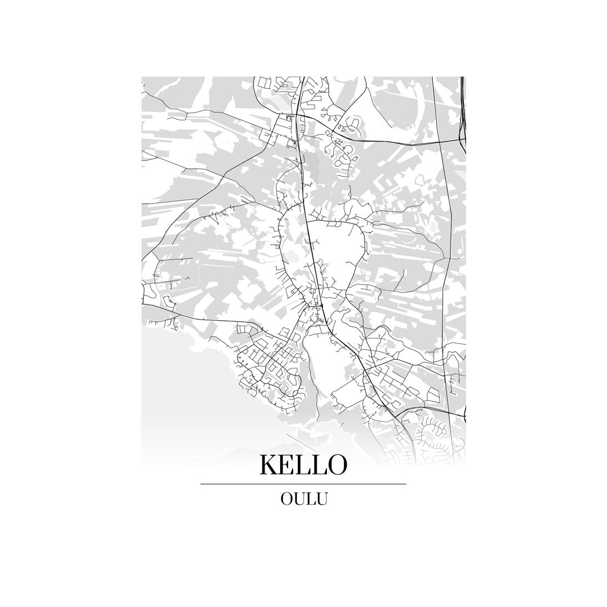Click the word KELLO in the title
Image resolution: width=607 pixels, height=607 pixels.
pyautogui.click(x=303, y=465)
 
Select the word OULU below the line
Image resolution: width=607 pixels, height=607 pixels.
pyautogui.click(x=303, y=498)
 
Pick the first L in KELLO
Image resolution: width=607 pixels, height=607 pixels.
pyautogui.click(x=307, y=465)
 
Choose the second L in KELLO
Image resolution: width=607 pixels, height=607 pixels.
pyautogui.click(x=321, y=465)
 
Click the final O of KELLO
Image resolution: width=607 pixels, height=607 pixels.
pyautogui.click(x=337, y=465)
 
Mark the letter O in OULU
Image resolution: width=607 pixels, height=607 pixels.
pyautogui.click(x=287, y=498)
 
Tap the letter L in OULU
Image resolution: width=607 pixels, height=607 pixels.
pyautogui.click(x=309, y=498)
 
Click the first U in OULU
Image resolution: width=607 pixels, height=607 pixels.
pyautogui.click(x=299, y=498)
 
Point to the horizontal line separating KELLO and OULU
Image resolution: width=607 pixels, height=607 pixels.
pyautogui.click(x=303, y=484)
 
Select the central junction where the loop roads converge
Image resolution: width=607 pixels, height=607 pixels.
pyautogui.click(x=320, y=305)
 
